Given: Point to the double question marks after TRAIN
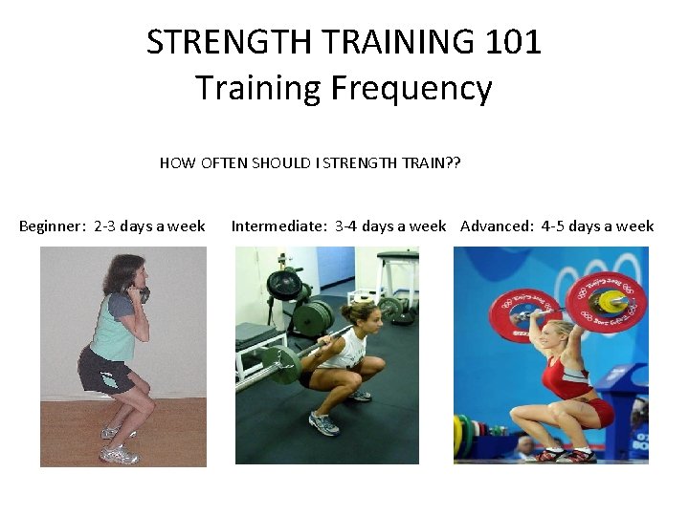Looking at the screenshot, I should click(x=453, y=162).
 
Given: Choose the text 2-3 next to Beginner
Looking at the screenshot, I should click(x=105, y=226).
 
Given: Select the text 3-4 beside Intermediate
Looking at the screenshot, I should click(x=345, y=226).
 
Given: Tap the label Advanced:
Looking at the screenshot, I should click(x=497, y=226).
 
